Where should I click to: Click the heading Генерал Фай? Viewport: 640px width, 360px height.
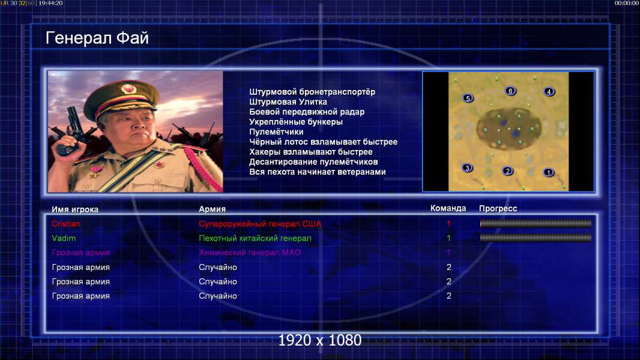coord(97,38)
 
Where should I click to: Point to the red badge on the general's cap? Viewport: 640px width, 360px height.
coord(128,88)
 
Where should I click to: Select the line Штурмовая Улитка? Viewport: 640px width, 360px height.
coord(288,102)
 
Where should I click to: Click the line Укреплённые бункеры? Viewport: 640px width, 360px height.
coord(296,122)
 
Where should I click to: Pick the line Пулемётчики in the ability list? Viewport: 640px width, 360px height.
coord(276,131)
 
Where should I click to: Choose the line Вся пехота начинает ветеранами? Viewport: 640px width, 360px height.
coord(318,172)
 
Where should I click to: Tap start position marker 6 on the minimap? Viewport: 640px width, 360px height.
coord(510,91)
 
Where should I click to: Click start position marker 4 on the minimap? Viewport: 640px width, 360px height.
coord(549,92)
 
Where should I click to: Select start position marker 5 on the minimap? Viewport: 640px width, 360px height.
coord(468,98)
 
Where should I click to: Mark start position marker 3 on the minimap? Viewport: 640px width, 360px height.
coord(467,167)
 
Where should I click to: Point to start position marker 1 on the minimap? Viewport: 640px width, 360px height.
coord(549,172)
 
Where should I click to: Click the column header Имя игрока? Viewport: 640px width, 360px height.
coord(75,209)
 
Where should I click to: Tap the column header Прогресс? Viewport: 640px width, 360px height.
coord(498,208)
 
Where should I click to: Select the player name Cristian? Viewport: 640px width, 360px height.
coord(65,224)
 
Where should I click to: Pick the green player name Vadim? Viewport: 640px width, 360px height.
coord(64,238)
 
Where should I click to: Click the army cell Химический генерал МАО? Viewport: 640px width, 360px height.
coord(250,253)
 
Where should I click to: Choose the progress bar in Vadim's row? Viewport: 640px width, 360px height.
coord(536,238)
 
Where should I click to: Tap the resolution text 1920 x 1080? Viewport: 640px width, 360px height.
coord(320,340)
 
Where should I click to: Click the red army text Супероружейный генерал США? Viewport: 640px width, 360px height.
coord(260,224)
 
